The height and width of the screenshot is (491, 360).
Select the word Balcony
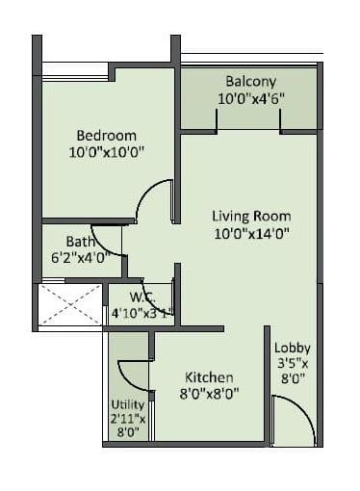click(x=250, y=81)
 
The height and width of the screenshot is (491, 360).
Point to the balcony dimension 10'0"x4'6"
click(x=250, y=98)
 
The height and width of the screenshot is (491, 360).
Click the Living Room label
click(x=251, y=216)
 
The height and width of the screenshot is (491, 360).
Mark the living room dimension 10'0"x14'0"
click(x=251, y=232)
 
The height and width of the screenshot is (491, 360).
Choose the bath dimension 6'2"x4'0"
click(x=81, y=257)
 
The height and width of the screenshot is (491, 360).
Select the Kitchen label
click(x=210, y=376)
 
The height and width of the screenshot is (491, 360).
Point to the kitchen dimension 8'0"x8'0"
click(x=210, y=392)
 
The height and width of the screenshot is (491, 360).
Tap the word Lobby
click(x=291, y=348)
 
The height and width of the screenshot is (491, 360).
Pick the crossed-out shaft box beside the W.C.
click(x=69, y=306)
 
